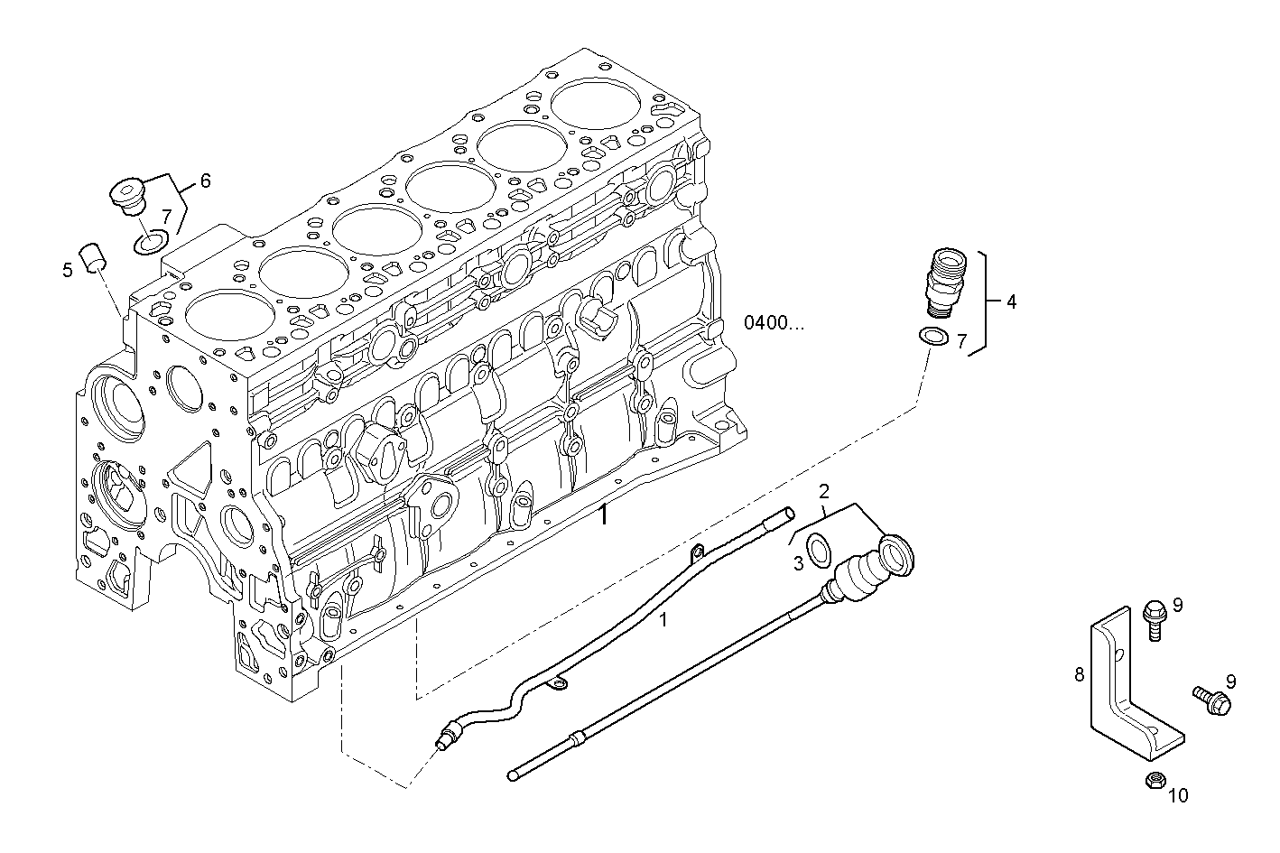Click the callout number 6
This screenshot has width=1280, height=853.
[205, 181]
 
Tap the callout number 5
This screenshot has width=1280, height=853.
[68, 269]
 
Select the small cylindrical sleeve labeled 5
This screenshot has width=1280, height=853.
[94, 256]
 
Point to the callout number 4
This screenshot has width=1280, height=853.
[1011, 302]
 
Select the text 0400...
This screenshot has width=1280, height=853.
[774, 322]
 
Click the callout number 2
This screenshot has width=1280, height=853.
[823, 491]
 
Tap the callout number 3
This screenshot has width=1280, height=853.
[798, 564]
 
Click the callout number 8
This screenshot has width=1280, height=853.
[1079, 674]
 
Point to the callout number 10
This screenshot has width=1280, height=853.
[1179, 795]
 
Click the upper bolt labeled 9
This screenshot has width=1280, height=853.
[1154, 618]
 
